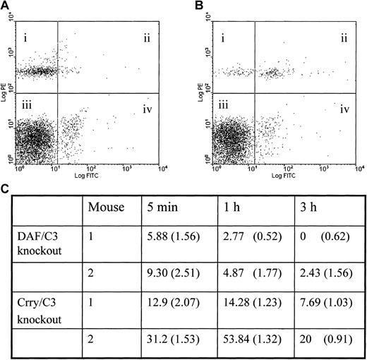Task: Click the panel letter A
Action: point(7,6)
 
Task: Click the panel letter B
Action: point(203,6)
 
